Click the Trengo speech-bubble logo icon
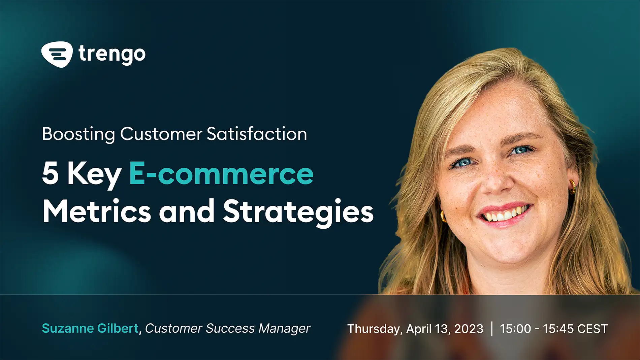tap(57, 54)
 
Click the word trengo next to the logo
tap(112, 54)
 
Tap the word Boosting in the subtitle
tap(78, 134)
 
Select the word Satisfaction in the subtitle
tap(257, 134)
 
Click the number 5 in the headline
tap(51, 173)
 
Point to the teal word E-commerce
tap(221, 173)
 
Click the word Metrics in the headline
tap(97, 211)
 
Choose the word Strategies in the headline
tap(298, 211)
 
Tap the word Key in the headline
tap(94, 174)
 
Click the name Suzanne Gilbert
tap(90, 328)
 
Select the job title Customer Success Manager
tap(227, 328)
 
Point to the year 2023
tap(469, 329)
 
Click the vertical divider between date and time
tap(492, 329)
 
